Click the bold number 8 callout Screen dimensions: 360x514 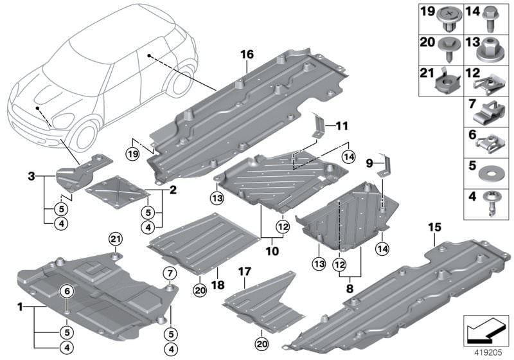[351, 289]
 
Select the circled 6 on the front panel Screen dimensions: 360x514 [67, 291]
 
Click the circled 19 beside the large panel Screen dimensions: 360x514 [132, 154]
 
